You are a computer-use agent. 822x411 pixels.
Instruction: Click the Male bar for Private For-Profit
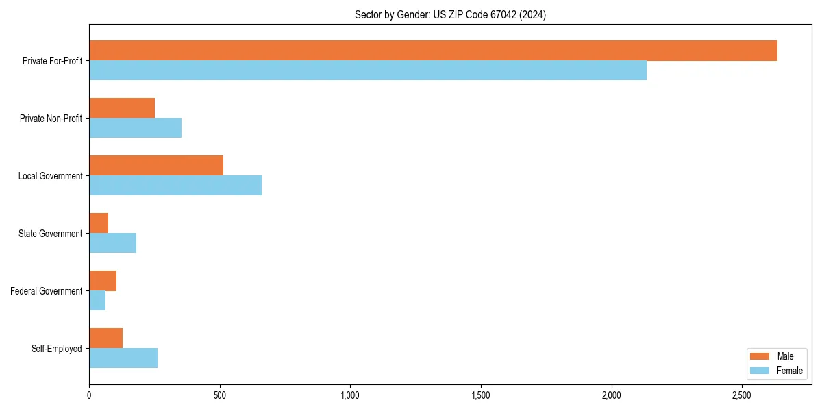click(x=433, y=51)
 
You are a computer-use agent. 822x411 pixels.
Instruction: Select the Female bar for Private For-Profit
click(x=368, y=71)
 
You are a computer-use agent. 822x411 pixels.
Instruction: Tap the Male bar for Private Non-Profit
click(x=122, y=108)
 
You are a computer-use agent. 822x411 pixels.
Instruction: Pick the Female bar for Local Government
click(x=175, y=185)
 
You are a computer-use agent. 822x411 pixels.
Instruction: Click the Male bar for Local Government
click(x=156, y=166)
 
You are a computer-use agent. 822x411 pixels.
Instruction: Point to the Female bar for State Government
click(x=113, y=242)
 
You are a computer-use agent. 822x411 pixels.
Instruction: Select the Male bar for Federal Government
click(x=103, y=281)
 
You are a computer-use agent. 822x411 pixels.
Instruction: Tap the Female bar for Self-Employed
click(x=123, y=358)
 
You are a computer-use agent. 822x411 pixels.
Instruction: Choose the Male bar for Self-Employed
click(x=106, y=338)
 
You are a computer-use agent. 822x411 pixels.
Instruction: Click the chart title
click(x=450, y=14)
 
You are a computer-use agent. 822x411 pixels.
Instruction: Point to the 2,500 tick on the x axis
click(x=742, y=395)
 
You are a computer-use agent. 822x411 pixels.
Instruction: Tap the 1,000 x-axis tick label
click(x=350, y=395)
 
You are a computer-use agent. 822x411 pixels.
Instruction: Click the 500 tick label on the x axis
click(x=220, y=395)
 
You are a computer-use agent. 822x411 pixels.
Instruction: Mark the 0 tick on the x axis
click(x=89, y=395)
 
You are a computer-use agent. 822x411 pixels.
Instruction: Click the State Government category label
click(x=50, y=234)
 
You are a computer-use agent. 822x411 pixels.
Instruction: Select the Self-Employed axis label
click(x=57, y=349)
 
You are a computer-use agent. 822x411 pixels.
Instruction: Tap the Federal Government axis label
click(x=47, y=291)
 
